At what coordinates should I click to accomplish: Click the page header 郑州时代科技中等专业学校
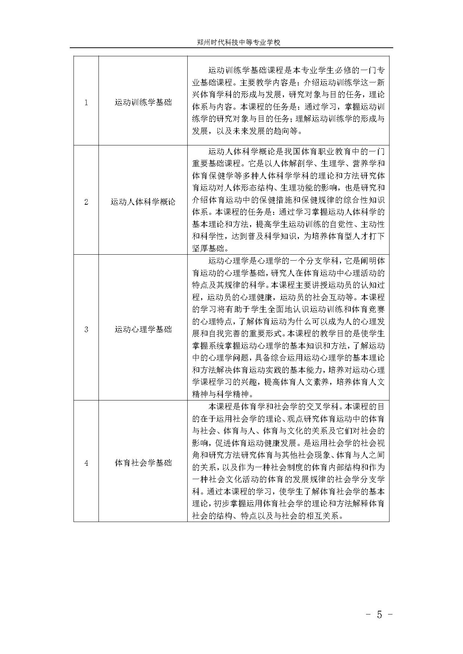(238, 43)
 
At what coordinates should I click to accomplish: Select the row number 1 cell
(86, 102)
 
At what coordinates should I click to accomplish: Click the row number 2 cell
(86, 202)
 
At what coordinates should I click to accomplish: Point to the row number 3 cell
(86, 329)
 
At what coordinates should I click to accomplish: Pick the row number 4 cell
(86, 463)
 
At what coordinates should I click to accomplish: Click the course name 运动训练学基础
(143, 102)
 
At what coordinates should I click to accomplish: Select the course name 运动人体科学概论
(143, 202)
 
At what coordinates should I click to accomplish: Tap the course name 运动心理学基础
(143, 329)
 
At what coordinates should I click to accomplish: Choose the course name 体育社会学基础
(143, 463)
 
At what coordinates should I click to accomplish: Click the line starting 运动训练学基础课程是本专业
(297, 70)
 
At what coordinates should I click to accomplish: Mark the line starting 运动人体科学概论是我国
(297, 152)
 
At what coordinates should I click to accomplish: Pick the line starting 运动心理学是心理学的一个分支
(297, 261)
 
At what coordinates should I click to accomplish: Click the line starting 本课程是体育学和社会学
(297, 406)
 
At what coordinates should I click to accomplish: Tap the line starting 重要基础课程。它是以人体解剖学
(288, 164)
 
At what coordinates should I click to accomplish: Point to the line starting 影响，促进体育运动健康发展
(288, 443)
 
